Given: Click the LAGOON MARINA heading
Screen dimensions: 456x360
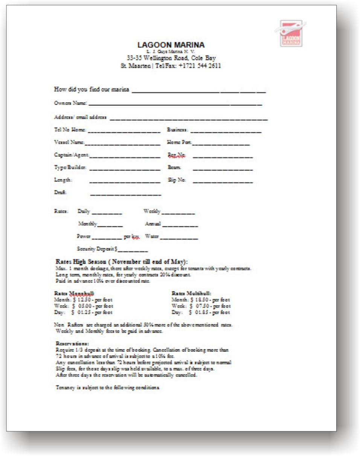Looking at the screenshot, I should point(171,45).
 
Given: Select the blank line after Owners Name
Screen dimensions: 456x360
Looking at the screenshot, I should point(175,104).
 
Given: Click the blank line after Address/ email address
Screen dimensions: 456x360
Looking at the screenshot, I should point(189,119).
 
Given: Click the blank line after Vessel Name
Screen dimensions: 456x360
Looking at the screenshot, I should point(123,144).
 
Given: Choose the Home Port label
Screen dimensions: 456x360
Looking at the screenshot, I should point(179,143).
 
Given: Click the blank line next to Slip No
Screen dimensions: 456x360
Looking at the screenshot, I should point(223,182).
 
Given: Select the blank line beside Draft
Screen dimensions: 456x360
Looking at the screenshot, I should point(126,195).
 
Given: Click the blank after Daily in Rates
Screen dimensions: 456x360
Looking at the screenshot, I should point(107,213).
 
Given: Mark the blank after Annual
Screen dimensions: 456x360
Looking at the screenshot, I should point(180,226).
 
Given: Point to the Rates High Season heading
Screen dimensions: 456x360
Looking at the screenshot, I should point(121,262).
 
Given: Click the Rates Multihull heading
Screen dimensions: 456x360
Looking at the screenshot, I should point(191,293).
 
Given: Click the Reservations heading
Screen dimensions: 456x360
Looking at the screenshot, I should point(72,344).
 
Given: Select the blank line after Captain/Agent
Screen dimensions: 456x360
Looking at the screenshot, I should point(125,156).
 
